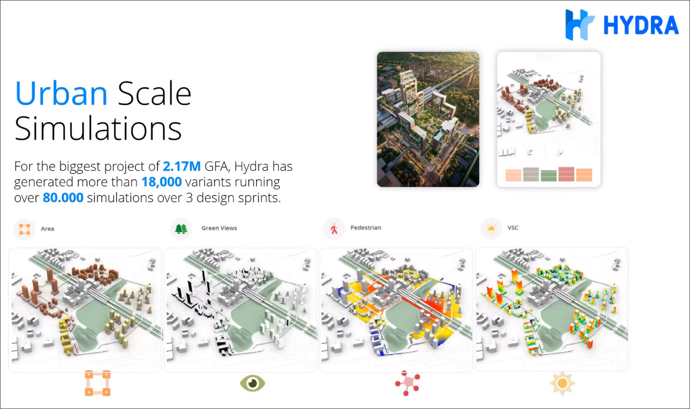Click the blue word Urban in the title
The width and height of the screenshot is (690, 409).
pos(61,93)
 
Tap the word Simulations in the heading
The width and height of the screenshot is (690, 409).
pos(98,128)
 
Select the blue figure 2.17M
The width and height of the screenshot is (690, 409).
pos(182,166)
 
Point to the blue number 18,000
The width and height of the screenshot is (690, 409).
pos(161,182)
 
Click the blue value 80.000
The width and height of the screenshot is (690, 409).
pos(63,198)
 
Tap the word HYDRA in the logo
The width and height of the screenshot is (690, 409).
pos(641,25)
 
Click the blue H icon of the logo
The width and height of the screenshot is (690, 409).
pos(579,25)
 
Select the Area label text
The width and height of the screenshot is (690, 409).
pos(47,228)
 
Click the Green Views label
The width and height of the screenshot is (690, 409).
pos(219,228)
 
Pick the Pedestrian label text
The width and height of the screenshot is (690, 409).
pos(366,228)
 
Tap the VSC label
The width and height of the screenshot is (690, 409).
pos(513,228)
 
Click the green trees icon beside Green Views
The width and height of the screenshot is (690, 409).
pos(181,229)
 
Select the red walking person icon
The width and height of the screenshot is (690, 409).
pos(334,228)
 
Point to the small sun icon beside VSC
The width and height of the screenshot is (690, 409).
pos(491,228)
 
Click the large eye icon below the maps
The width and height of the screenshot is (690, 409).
pos(253,383)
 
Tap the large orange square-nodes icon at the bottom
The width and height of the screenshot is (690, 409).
pos(98,383)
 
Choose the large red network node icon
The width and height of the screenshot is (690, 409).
pos(407,383)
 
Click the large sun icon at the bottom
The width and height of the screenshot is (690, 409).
pos(563,383)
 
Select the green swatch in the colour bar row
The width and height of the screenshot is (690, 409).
pos(549,176)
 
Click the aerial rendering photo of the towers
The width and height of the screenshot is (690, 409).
pos(428,120)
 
